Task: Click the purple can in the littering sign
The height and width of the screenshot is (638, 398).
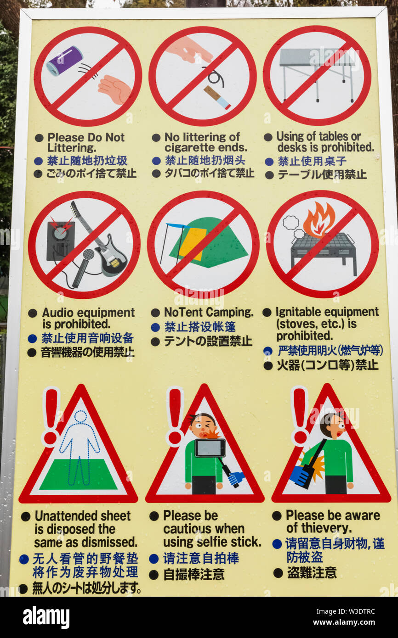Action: pyautogui.click(x=65, y=61)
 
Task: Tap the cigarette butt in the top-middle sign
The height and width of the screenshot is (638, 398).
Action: pyautogui.click(x=217, y=97)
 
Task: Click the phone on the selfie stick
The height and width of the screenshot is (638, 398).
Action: pyautogui.click(x=210, y=448)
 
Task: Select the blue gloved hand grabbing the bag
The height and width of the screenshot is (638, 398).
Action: pyautogui.click(x=300, y=476)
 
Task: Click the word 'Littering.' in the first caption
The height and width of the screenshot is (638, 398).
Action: pyautogui.click(x=72, y=148)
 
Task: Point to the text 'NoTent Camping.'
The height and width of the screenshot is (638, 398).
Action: pyautogui.click(x=209, y=312)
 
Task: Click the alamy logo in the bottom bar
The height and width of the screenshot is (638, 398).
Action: pyautogui.click(x=46, y=617)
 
